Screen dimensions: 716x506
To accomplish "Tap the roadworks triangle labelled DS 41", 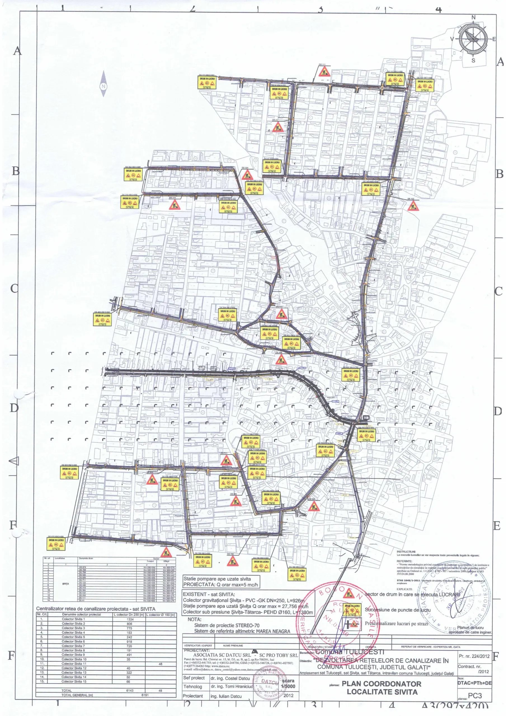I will pyautogui.click(x=277, y=127).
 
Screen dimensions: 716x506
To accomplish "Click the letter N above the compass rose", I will pyautogui.click(x=473, y=17).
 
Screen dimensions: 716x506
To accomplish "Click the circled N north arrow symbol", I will pyautogui.click(x=103, y=86).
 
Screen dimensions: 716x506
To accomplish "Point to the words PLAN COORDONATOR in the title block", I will pyautogui.click(x=382, y=684).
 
